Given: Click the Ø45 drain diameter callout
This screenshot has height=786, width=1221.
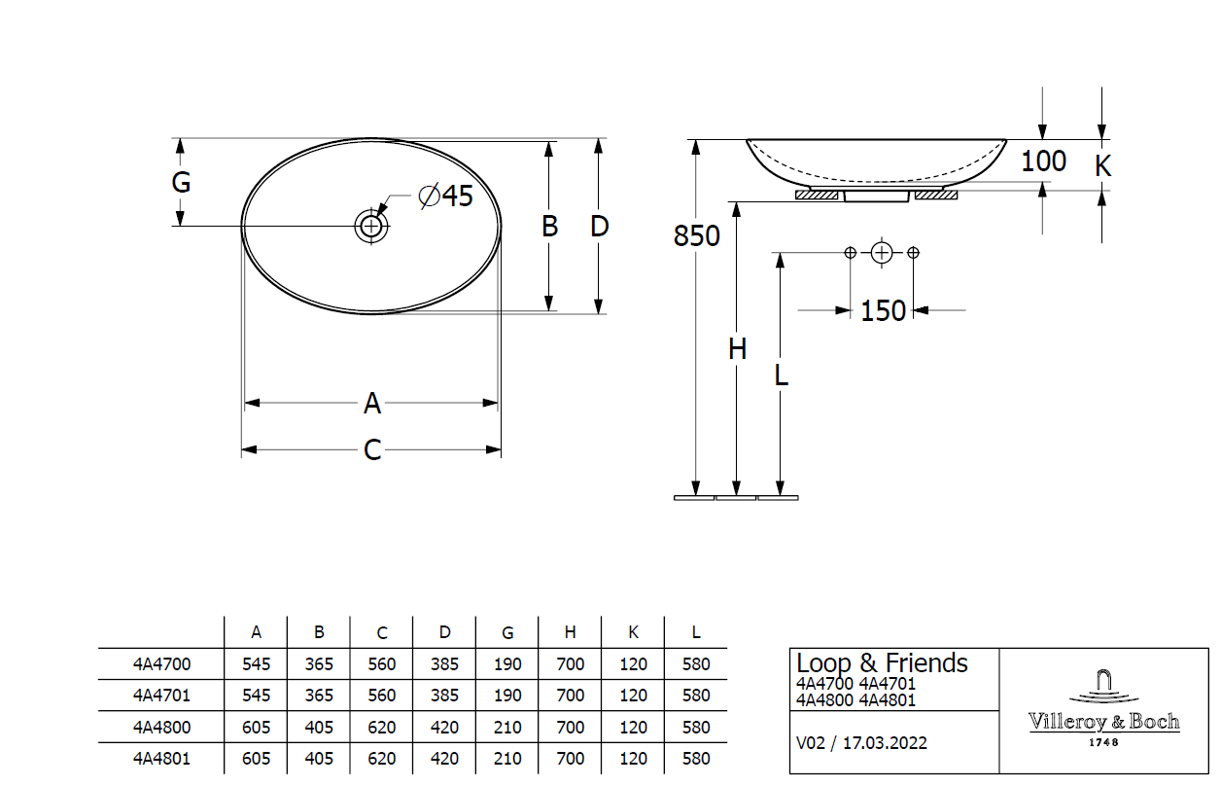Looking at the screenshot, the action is tap(446, 196).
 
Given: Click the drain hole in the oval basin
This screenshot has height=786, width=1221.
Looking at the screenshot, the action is tap(371, 226).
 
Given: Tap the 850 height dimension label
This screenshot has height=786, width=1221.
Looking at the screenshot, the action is tap(697, 235).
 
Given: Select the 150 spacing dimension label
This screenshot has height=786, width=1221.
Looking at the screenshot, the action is tap(883, 311).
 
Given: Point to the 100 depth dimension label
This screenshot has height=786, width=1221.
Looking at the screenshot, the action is tap(1043, 161).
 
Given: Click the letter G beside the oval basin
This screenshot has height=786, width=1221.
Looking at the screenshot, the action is tap(181, 182).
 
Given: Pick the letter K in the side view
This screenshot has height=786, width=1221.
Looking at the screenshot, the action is tap(1103, 165).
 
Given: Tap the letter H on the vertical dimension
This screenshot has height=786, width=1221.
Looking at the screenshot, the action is tap(738, 349).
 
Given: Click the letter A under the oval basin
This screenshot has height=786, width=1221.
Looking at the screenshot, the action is tap(372, 404).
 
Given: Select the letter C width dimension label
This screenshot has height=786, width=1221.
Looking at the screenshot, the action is tap(372, 450).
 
